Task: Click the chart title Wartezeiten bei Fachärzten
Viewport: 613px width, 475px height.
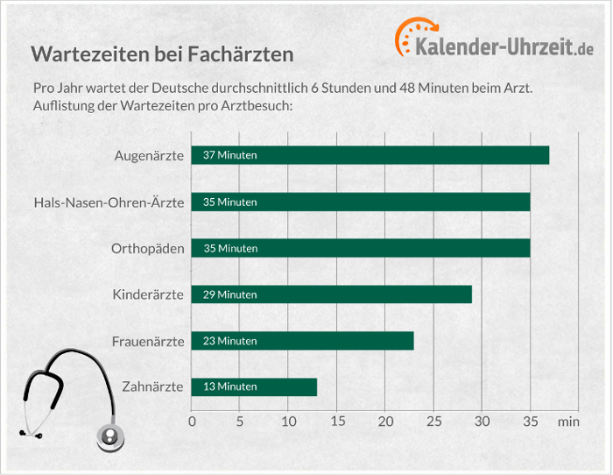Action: click(162, 54)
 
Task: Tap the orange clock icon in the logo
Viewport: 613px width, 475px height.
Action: click(412, 36)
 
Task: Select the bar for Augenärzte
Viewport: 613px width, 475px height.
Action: click(370, 155)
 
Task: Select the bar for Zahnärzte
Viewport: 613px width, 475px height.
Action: click(254, 386)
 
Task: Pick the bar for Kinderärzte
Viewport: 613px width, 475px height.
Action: click(331, 294)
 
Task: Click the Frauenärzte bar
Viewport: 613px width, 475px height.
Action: click(302, 341)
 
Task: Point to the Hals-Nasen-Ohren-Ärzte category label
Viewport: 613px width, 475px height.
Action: click(109, 202)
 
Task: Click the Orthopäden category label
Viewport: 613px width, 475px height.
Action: click(148, 249)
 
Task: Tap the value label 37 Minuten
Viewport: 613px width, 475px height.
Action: click(229, 155)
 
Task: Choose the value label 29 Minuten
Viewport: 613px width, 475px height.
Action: click(229, 294)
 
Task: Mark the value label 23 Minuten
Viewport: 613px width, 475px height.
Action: click(229, 341)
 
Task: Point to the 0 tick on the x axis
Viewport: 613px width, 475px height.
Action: click(193, 421)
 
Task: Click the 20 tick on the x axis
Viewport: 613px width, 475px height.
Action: click(385, 421)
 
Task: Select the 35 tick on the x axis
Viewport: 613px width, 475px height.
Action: click(530, 421)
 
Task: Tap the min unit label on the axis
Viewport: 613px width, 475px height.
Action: click(568, 422)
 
